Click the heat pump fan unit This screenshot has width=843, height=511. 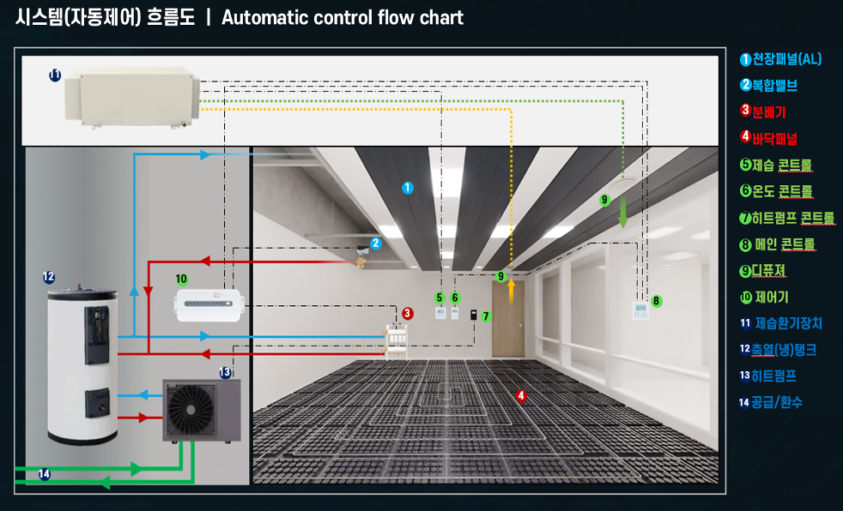pos(202,411)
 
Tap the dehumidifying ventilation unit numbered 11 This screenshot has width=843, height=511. pos(132,98)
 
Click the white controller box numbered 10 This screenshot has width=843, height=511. pos(209,305)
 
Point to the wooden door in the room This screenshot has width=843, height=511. pos(508,319)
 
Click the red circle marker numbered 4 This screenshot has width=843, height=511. pos(520,396)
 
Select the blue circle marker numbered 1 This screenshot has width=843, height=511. pos(408,188)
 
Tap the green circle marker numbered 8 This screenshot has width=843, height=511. pos(656,301)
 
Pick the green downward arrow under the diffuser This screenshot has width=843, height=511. pos(623,212)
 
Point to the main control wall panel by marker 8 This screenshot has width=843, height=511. pos(640,310)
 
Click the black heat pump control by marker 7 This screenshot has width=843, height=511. pos(473,315)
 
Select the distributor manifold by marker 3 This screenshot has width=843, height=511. pos(396,341)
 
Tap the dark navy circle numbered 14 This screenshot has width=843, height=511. pos(44,474)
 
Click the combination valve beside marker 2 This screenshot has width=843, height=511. pos(362,255)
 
